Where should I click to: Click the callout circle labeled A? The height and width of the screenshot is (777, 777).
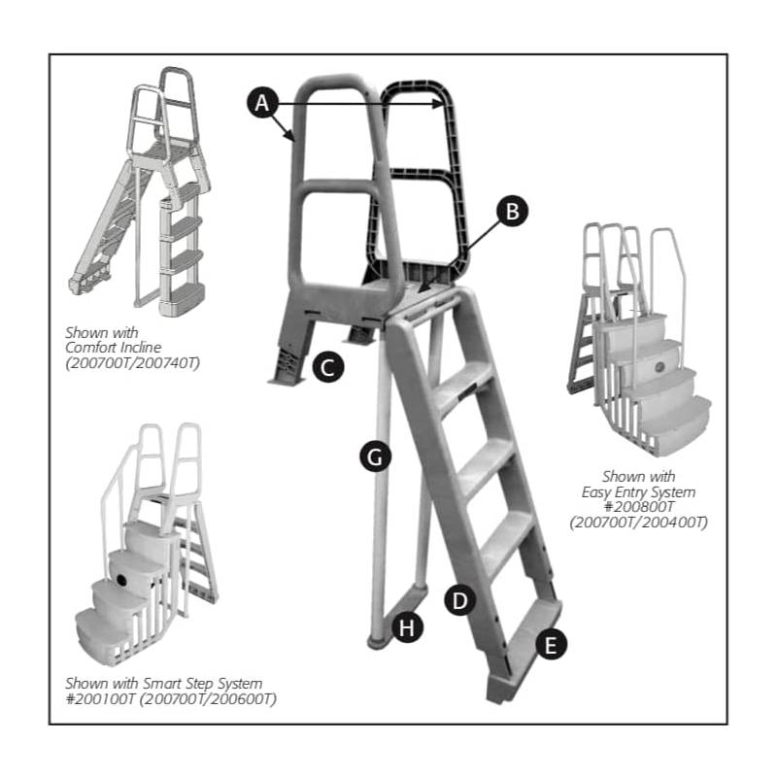pyautogui.click(x=262, y=103)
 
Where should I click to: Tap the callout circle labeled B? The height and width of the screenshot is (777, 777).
pyautogui.click(x=513, y=211)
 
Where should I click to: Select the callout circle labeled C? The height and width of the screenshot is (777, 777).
pyautogui.click(x=328, y=367)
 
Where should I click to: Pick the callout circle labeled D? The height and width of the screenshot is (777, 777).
pyautogui.click(x=459, y=600)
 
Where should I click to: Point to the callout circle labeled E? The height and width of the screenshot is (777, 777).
pyautogui.click(x=551, y=644)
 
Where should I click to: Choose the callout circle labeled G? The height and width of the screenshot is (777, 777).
pyautogui.click(x=375, y=456)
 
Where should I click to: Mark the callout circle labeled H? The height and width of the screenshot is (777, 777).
pyautogui.click(x=407, y=627)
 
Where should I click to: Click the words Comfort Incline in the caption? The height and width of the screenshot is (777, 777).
pyautogui.click(x=113, y=348)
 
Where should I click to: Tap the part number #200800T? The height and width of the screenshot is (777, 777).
pyautogui.click(x=639, y=506)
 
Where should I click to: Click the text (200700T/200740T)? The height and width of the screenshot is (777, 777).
pyautogui.click(x=132, y=363)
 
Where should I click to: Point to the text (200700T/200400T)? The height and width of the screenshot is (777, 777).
pyautogui.click(x=639, y=523)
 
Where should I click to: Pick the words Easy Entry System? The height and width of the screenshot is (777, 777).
pyautogui.click(x=638, y=492)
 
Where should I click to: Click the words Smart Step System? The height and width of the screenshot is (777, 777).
pyautogui.click(x=203, y=684)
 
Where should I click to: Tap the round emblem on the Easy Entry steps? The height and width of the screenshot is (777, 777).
pyautogui.click(x=660, y=367)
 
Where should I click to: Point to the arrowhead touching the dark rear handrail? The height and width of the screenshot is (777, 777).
pyautogui.click(x=437, y=104)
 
